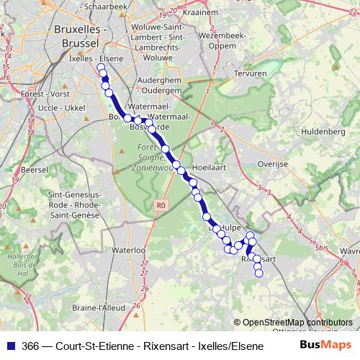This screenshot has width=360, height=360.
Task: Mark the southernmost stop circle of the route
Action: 259,273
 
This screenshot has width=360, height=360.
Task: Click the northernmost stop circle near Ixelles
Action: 100,67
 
